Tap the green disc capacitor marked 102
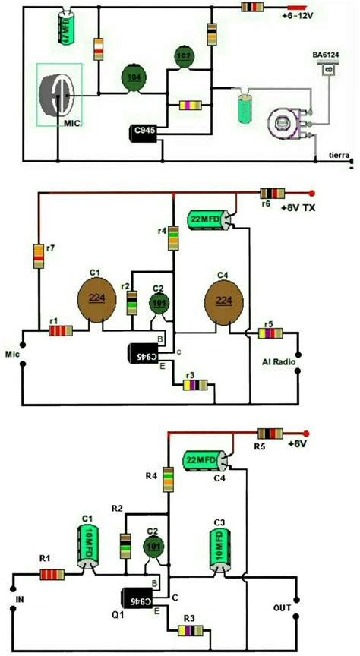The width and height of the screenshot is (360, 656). pyautogui.click(x=183, y=56)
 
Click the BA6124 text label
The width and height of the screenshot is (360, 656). pyautogui.click(x=327, y=55)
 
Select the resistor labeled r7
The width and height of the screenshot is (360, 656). pyautogui.click(x=37, y=257)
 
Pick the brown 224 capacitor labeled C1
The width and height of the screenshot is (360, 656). pyautogui.click(x=96, y=298)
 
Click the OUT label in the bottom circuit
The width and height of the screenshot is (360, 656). pyautogui.click(x=281, y=608)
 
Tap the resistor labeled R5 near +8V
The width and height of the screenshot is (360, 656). pyautogui.click(x=273, y=435)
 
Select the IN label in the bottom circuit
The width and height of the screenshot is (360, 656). pyautogui.click(x=21, y=608)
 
